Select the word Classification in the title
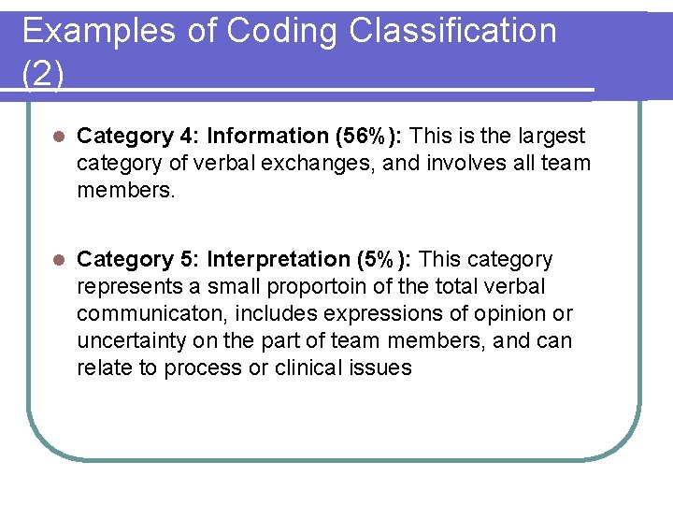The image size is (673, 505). point(452,31)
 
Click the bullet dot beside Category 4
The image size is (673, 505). point(58,137)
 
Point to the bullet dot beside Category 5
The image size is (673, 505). point(58,259)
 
